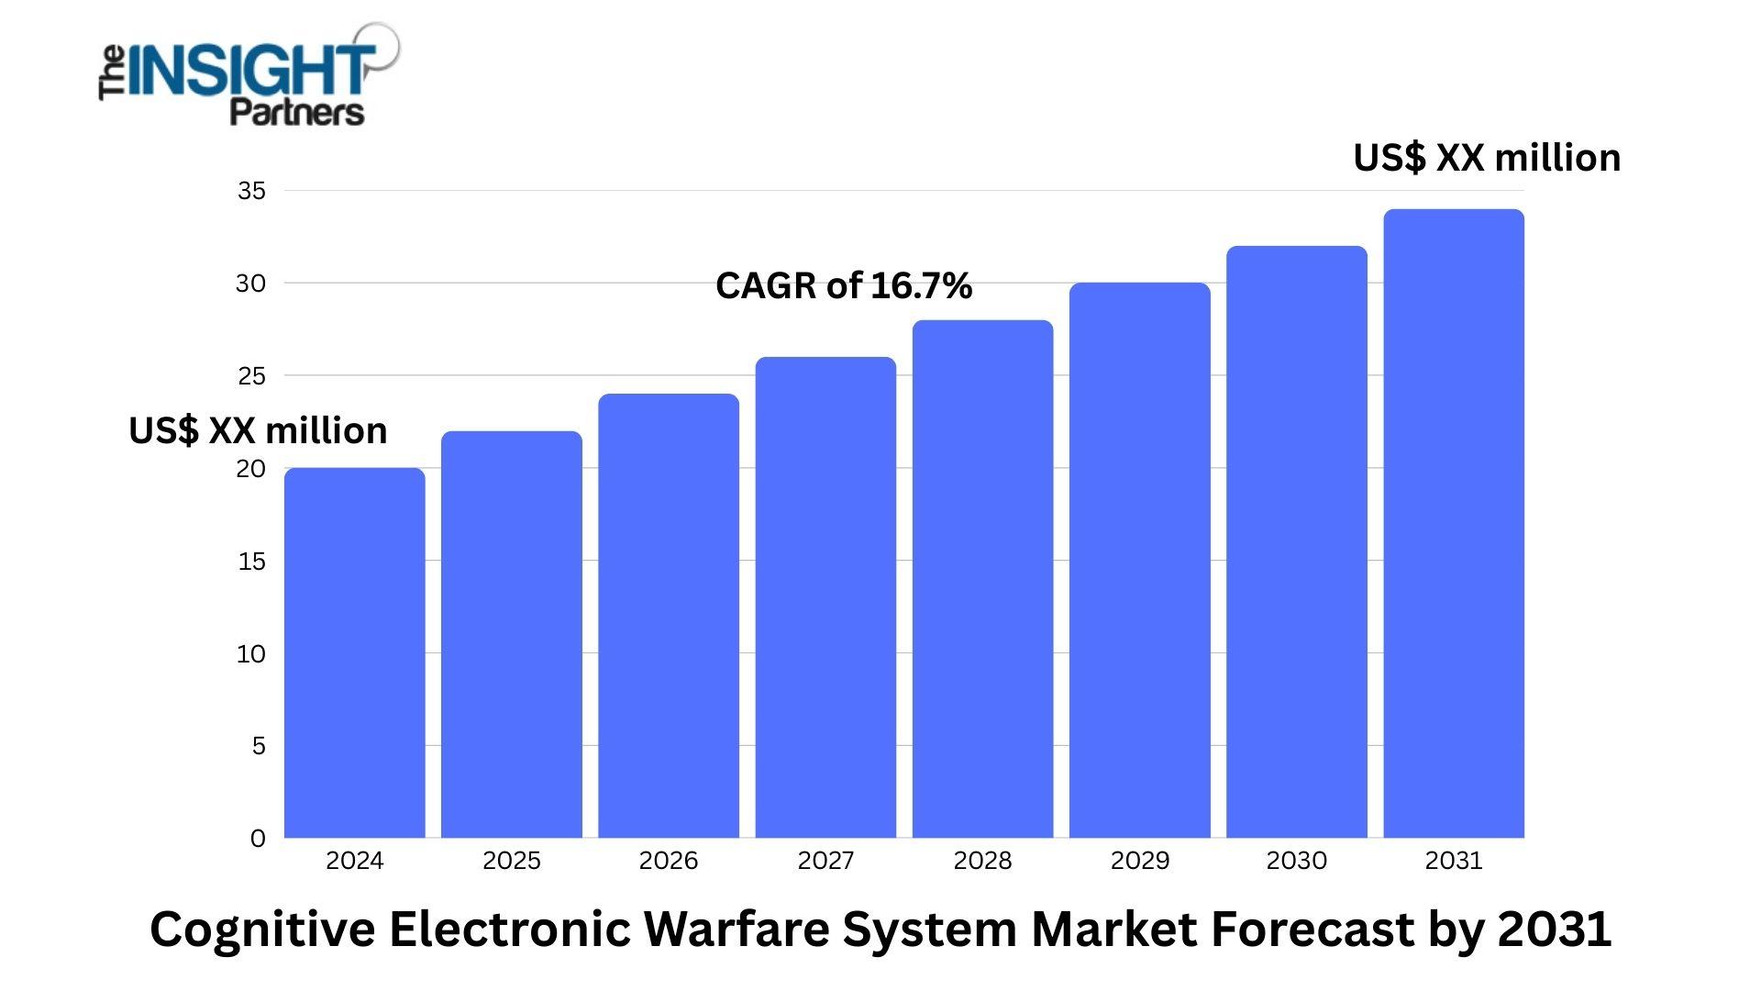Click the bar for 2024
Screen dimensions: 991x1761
(354, 652)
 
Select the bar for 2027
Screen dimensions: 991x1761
(825, 597)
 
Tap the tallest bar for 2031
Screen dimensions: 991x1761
(1454, 523)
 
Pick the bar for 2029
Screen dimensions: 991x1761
(1139, 560)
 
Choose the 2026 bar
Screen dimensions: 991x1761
(669, 616)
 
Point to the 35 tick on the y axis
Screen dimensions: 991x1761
(251, 191)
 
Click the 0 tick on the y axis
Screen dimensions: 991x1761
(258, 839)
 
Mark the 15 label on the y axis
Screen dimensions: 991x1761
(251, 562)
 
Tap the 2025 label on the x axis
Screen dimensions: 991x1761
(512, 861)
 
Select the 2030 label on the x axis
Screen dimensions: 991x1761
(1296, 861)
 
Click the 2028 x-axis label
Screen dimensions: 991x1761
(982, 861)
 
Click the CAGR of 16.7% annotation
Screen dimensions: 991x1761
(844, 286)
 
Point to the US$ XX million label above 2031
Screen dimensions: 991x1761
(1487, 158)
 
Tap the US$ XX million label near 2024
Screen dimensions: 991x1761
(258, 430)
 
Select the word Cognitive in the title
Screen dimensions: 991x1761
(262, 929)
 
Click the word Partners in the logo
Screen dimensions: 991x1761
(296, 112)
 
